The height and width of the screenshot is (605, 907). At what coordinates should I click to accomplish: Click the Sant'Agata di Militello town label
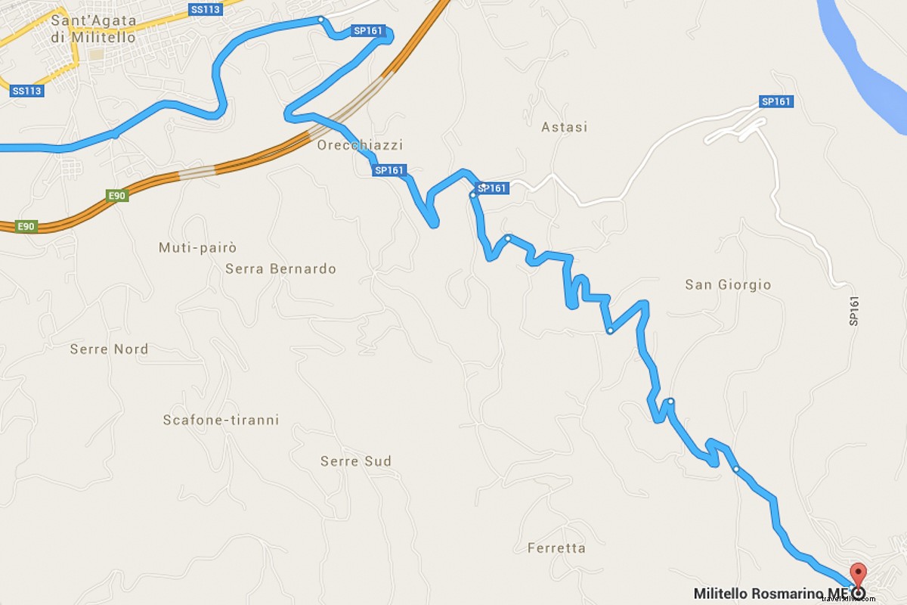pos(94,29)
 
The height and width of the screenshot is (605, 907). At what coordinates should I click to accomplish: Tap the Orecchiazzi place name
pos(361,145)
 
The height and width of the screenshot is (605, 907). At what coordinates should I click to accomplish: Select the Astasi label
pos(564,127)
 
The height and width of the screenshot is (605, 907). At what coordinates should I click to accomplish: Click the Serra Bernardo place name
pos(280,268)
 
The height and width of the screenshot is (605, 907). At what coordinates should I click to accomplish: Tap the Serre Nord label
pos(109,349)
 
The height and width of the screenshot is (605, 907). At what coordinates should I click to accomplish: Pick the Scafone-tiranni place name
pos(221,420)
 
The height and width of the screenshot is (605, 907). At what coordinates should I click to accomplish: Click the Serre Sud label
pos(356,461)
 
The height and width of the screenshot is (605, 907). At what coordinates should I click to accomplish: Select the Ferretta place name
pos(556,548)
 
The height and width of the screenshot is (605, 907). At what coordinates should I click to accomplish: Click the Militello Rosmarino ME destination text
pos(772,593)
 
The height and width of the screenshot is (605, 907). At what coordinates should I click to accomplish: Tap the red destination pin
pos(858,574)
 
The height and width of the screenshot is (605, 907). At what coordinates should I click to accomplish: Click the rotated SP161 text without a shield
pos(854,311)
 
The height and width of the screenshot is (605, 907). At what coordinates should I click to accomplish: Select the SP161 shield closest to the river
pos(776,101)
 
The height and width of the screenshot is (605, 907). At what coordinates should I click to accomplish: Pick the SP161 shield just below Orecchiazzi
pos(389,171)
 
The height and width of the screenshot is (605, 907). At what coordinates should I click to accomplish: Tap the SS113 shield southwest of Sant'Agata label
pos(27,91)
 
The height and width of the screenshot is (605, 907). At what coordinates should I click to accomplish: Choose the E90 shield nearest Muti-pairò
pos(117,196)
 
